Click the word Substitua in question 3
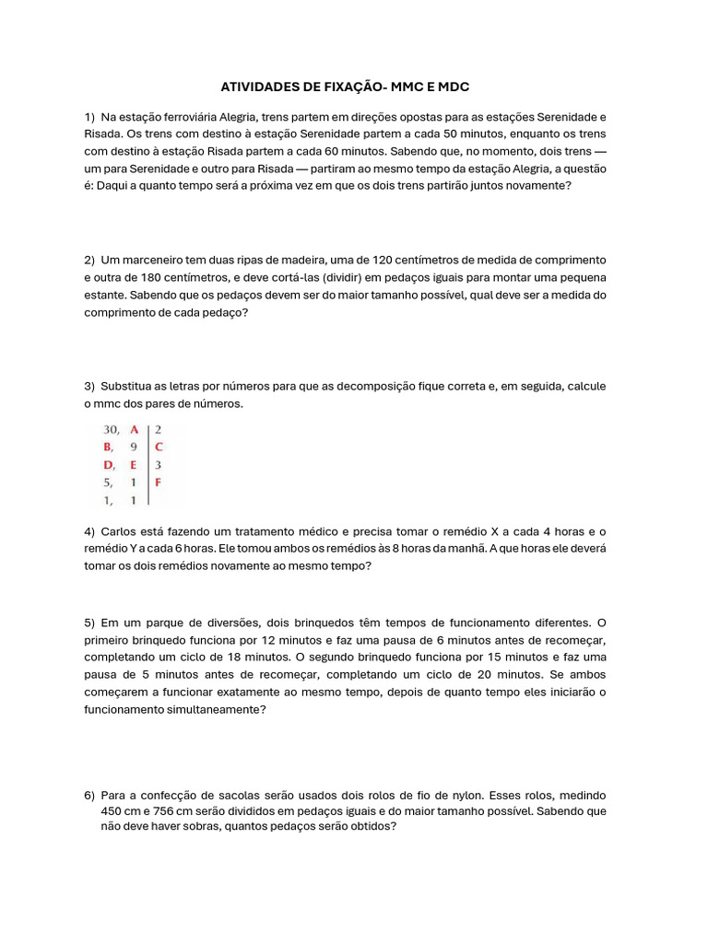[131, 386]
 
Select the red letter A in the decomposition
[135, 429]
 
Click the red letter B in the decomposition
[108, 447]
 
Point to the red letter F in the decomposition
[159, 482]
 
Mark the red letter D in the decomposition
[108, 465]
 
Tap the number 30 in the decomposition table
[111, 429]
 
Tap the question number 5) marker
[89, 623]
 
